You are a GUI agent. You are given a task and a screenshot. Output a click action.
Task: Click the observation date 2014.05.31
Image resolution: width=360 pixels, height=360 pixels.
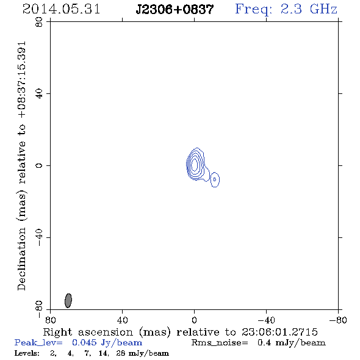pyautogui.click(x=61, y=9)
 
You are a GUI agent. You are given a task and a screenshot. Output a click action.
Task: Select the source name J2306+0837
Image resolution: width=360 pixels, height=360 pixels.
pyautogui.click(x=175, y=10)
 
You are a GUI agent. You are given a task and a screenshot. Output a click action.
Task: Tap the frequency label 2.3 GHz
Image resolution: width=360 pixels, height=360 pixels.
pyautogui.click(x=309, y=9)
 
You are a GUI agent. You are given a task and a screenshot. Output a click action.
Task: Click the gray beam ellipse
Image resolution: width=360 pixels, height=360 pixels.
pyautogui.click(x=68, y=300)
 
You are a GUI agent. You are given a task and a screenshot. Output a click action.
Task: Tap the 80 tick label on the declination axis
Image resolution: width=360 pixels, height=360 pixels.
pyautogui.click(x=39, y=22)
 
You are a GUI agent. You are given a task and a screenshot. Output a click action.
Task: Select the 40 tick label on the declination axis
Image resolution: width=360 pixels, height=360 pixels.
pyautogui.click(x=39, y=94)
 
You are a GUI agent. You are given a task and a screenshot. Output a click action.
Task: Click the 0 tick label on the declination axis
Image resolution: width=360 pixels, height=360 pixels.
pyautogui.click(x=39, y=165)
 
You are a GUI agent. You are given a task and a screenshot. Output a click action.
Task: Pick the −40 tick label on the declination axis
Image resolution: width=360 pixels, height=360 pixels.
pyautogui.click(x=39, y=237)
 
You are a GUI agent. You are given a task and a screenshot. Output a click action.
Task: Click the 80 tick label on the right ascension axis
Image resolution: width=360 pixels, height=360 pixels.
pyautogui.click(x=50, y=320)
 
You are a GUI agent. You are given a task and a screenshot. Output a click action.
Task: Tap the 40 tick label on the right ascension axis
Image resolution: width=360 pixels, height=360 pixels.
pyautogui.click(x=122, y=320)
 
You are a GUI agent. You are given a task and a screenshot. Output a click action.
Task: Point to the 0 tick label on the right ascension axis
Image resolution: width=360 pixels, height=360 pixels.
pyautogui.click(x=194, y=320)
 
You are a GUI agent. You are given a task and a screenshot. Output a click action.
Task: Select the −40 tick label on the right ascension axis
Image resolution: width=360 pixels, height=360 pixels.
pyautogui.click(x=266, y=320)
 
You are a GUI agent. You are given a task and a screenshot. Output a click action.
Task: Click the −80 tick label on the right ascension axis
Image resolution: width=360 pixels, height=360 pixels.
pyautogui.click(x=338, y=320)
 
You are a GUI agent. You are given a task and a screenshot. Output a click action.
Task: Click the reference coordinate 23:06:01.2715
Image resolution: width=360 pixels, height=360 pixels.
pyautogui.click(x=279, y=332)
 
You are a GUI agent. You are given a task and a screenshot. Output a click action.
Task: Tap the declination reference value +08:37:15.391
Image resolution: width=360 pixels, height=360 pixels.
pyautogui.click(x=22, y=80)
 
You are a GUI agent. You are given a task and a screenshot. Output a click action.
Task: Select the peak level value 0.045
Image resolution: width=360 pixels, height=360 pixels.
pyautogui.click(x=84, y=342)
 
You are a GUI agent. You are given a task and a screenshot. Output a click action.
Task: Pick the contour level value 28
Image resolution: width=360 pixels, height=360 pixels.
pyautogui.click(x=121, y=353)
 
